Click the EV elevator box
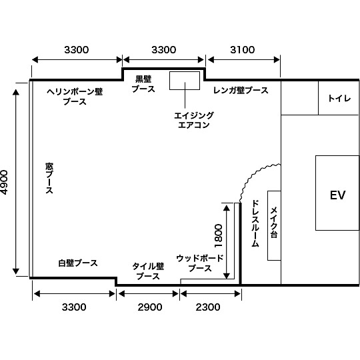[337, 193]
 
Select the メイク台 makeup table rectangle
[274, 225]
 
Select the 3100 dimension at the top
[242, 50]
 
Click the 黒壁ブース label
[143, 83]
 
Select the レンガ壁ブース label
[241, 90]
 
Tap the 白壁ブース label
[77, 263]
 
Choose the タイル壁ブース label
[148, 270]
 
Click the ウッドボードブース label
[200, 263]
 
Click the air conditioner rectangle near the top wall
[185, 80]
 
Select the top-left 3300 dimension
[76, 50]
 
